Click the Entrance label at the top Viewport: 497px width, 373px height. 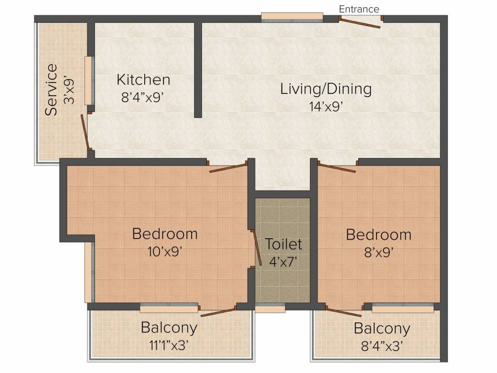click(359, 9)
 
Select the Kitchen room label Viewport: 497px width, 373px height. click(143, 80)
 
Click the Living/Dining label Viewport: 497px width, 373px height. click(326, 89)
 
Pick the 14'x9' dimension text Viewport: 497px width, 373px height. click(326, 106)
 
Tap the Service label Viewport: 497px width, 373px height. click(51, 90)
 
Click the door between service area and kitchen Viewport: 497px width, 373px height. click(85, 131)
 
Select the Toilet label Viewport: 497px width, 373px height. click(283, 244)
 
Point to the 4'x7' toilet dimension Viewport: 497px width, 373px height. click(283, 261)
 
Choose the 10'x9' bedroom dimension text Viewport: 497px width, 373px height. click(165, 251)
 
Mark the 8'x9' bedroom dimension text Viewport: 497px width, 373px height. click(378, 252)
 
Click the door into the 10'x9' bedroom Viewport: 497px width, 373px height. click(228, 168)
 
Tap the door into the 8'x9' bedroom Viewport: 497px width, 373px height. click(337, 168)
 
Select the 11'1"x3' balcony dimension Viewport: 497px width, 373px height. click(169, 345)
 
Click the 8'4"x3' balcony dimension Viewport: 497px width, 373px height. click(381, 345)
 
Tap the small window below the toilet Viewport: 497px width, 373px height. click(270, 308)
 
